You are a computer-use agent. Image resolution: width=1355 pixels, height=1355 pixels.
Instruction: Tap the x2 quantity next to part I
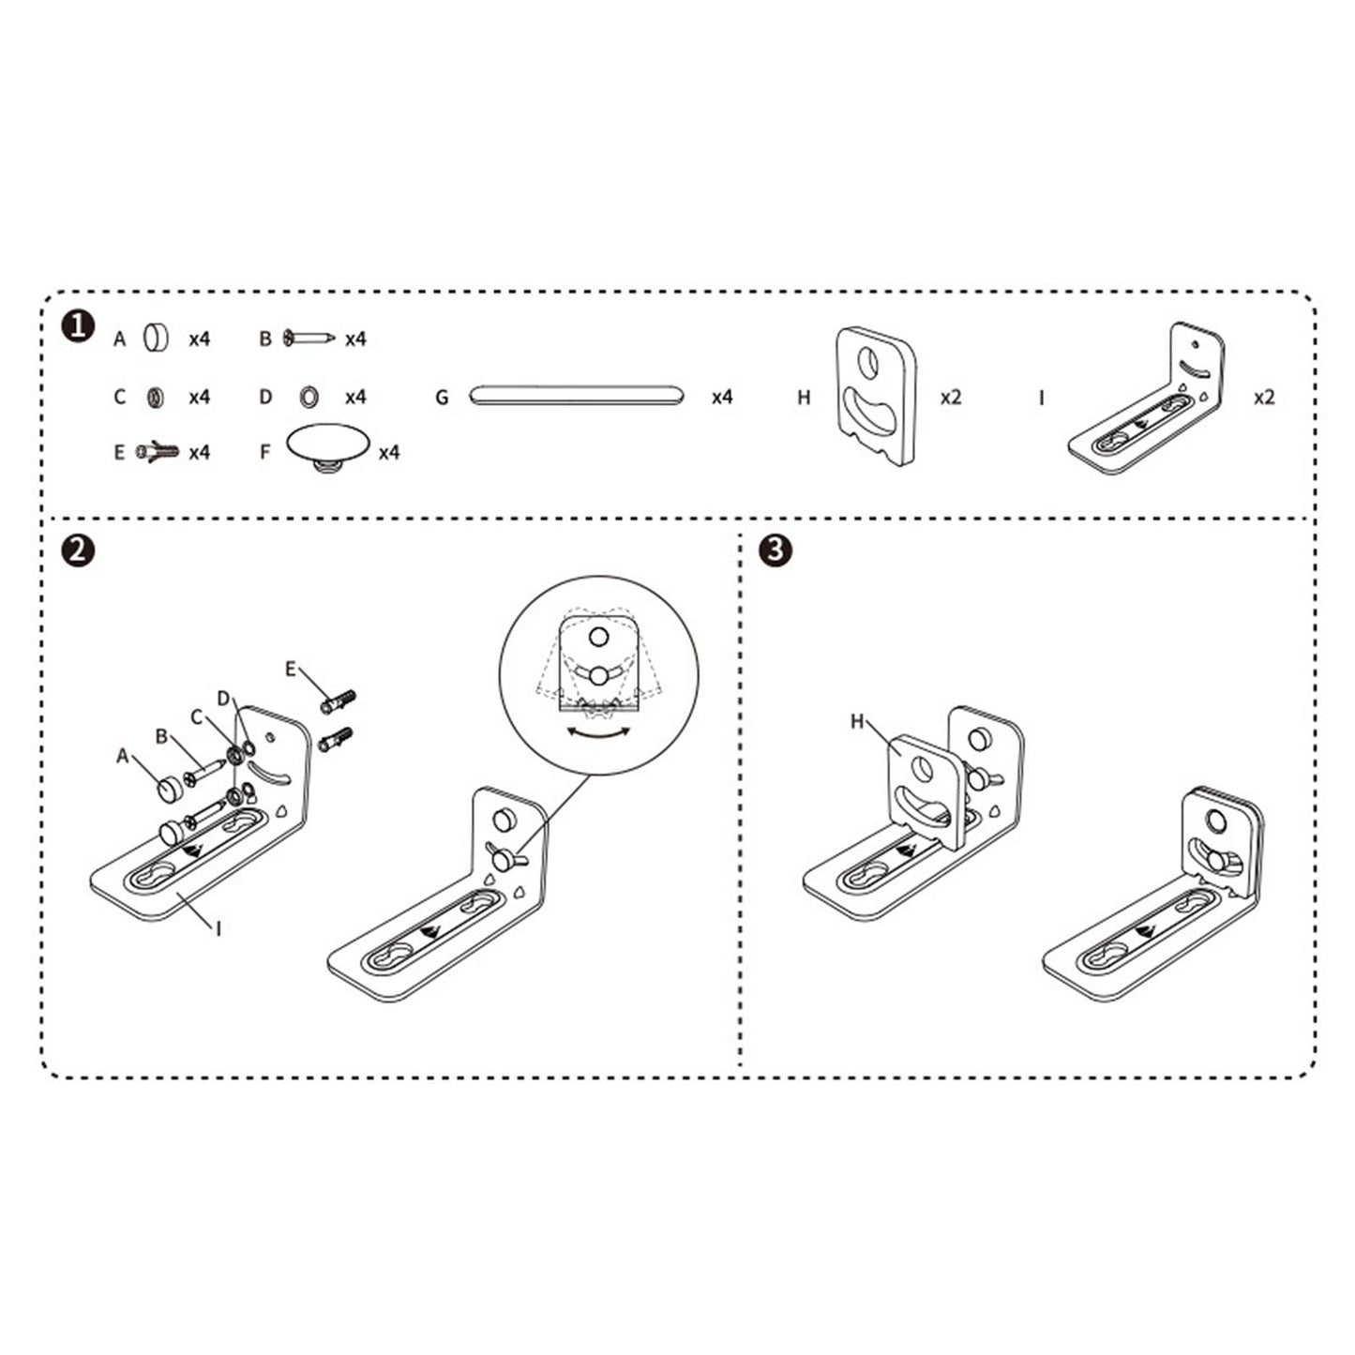(1264, 397)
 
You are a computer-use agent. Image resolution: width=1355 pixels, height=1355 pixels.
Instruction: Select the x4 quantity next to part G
(721, 397)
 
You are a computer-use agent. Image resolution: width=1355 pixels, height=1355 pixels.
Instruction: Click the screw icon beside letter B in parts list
(309, 337)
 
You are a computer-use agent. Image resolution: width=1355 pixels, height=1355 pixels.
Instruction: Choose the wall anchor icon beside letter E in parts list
(157, 452)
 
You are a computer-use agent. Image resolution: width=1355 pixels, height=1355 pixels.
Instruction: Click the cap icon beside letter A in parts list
(155, 338)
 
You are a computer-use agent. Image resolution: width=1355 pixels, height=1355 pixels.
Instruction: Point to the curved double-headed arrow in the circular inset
(599, 733)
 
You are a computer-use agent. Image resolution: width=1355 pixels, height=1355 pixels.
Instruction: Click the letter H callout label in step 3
(856, 721)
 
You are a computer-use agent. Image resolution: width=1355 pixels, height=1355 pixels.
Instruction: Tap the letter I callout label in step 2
(218, 928)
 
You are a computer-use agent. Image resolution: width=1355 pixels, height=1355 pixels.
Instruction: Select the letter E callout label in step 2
(291, 669)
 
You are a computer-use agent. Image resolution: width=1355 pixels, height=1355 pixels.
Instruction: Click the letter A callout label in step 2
(122, 756)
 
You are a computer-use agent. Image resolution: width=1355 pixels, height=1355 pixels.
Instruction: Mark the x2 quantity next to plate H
(951, 397)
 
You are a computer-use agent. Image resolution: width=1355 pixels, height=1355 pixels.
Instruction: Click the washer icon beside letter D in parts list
(307, 397)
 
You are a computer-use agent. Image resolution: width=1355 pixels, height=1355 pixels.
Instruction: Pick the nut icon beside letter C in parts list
(155, 397)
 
